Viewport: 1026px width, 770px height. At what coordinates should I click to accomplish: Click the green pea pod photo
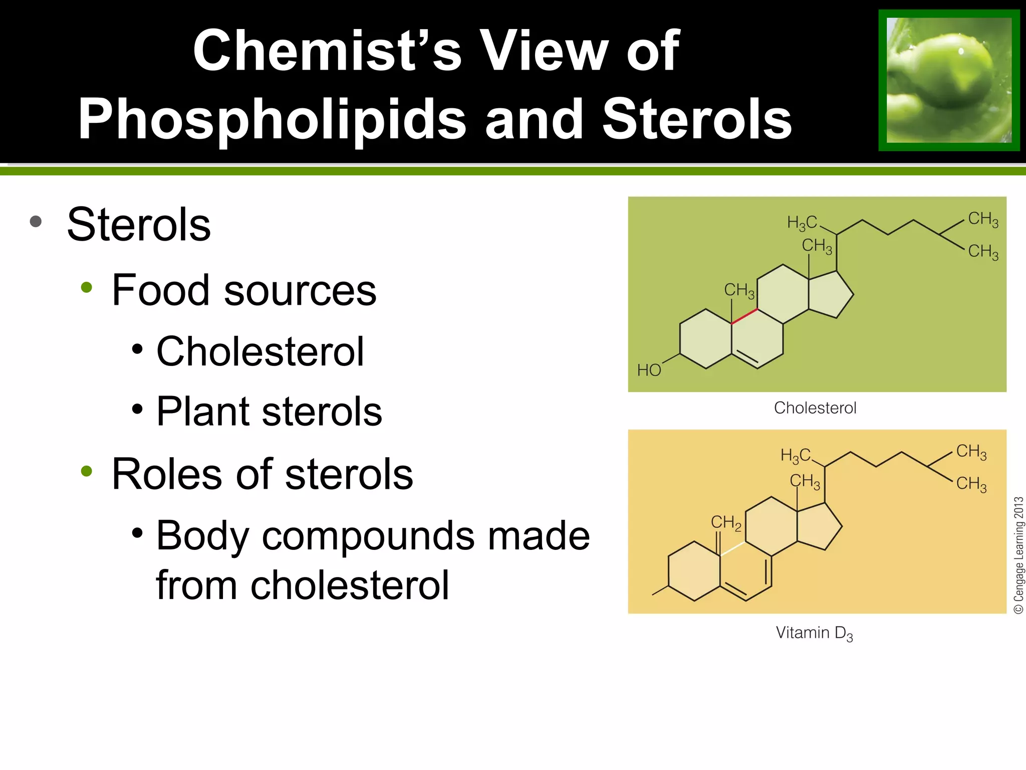[949, 80]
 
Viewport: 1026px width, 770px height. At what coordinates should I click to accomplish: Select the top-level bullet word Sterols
[139, 225]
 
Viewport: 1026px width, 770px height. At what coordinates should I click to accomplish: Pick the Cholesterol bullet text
[260, 351]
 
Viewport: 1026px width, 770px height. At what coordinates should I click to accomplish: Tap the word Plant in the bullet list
[202, 412]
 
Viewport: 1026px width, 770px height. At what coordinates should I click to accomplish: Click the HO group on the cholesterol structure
[649, 370]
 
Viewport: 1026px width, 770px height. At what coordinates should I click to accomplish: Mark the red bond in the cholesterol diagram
[744, 316]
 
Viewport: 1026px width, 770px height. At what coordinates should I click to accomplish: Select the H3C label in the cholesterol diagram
[802, 222]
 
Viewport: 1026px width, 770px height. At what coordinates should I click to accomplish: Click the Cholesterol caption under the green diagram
[815, 408]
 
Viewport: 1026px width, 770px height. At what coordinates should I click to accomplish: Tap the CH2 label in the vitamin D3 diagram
[726, 522]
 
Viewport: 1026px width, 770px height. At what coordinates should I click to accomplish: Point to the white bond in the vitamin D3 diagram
[733, 548]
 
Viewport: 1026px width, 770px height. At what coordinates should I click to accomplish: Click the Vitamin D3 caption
[814, 633]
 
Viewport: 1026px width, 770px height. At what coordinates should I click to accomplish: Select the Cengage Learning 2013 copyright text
[1018, 555]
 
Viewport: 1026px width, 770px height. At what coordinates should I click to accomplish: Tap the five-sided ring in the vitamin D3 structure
[817, 527]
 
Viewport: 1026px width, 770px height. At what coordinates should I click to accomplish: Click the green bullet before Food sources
[87, 288]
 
